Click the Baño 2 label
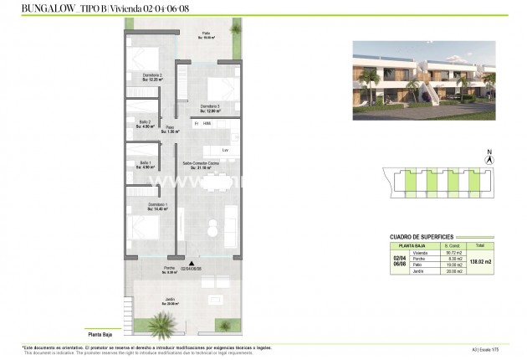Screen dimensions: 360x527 pos(145,123)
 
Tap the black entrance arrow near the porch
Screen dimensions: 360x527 pos(192,263)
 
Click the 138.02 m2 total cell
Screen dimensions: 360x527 pos(479,262)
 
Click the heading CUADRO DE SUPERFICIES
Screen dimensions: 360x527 pos(422,236)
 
